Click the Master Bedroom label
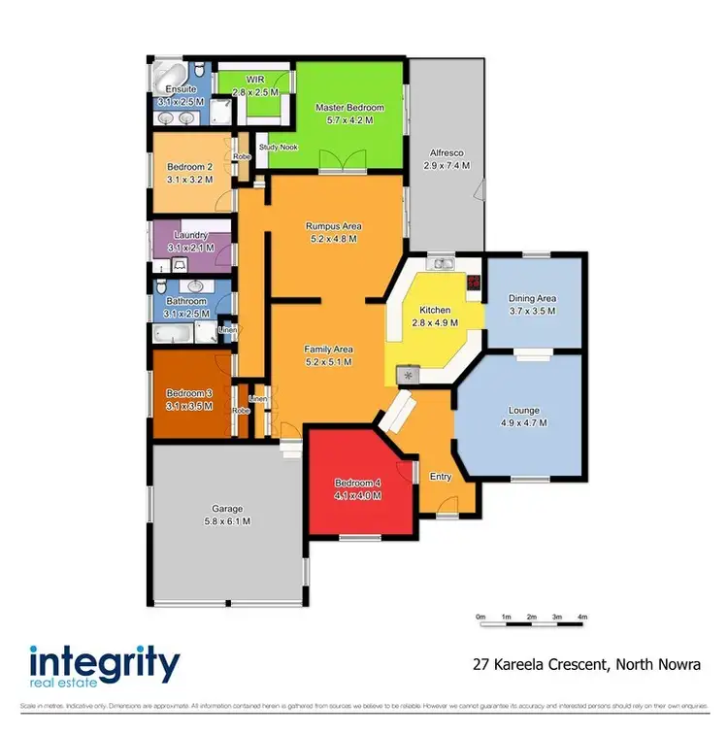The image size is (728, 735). [349, 107]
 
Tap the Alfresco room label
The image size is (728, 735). [445, 152]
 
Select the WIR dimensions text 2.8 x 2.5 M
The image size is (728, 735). [255, 90]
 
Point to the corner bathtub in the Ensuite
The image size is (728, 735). [166, 75]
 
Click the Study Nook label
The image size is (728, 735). [278, 148]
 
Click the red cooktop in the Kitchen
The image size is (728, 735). [473, 284]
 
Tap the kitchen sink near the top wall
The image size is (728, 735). [444, 264]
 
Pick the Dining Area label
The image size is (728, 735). [532, 298]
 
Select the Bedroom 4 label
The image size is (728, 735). [357, 483]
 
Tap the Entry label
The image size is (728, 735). [441, 477]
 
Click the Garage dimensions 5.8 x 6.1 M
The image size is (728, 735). [227, 521]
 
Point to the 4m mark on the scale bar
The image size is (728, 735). [582, 618]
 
